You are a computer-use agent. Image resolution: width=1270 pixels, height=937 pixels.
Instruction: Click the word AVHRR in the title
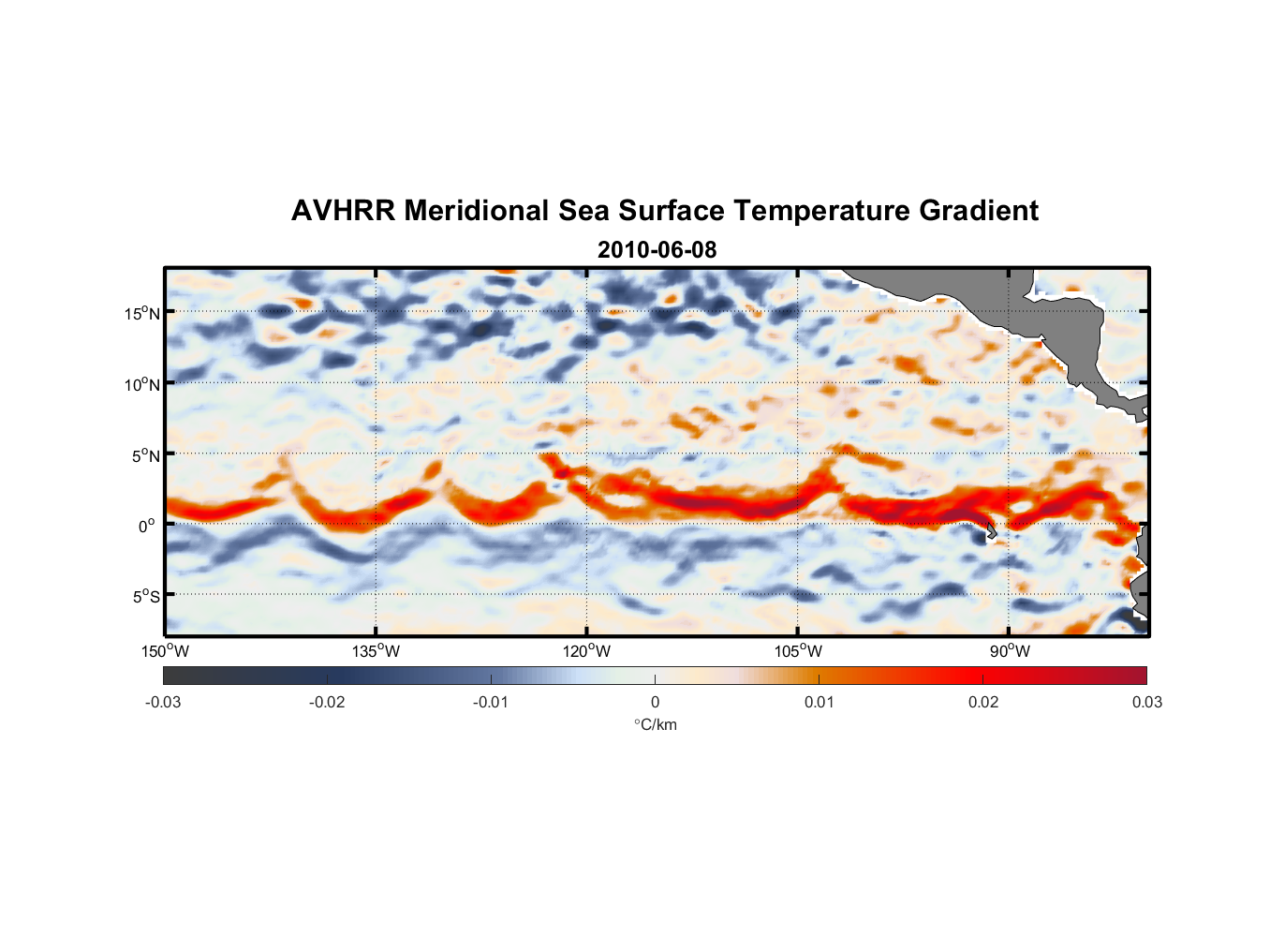[343, 211]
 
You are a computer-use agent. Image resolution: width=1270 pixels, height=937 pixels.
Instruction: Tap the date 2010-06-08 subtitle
[657, 250]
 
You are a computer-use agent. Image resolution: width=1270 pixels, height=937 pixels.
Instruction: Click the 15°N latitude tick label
[142, 313]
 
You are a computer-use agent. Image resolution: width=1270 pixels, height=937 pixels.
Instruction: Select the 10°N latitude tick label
[142, 384]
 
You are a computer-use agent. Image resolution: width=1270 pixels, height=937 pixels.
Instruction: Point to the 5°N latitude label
[145, 455]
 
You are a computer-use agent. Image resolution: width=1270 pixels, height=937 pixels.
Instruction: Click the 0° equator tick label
[148, 526]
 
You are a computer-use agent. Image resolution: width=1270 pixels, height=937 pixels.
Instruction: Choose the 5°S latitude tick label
[145, 597]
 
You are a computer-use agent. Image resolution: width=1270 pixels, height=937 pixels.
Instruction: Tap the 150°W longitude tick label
[166, 651]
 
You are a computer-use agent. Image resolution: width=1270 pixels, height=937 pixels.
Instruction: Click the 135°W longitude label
[377, 651]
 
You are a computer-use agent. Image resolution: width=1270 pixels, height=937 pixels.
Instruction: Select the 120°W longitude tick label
[587, 651]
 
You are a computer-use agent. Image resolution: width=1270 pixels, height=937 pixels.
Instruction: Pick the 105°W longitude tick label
[798, 651]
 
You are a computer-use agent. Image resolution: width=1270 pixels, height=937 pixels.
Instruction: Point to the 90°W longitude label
[1010, 651]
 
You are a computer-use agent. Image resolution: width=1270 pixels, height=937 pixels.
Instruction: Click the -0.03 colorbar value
[163, 702]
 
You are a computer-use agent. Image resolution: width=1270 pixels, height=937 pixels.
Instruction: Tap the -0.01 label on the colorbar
[491, 702]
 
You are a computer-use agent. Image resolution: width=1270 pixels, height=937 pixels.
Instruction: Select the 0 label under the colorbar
[655, 702]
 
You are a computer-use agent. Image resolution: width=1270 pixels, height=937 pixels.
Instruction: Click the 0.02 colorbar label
[983, 702]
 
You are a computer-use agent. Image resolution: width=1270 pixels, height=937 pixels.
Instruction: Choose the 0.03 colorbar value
[1146, 702]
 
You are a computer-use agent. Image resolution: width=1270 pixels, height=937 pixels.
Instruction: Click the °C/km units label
[655, 724]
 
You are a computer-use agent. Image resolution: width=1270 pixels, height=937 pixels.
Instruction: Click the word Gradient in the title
[979, 211]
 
